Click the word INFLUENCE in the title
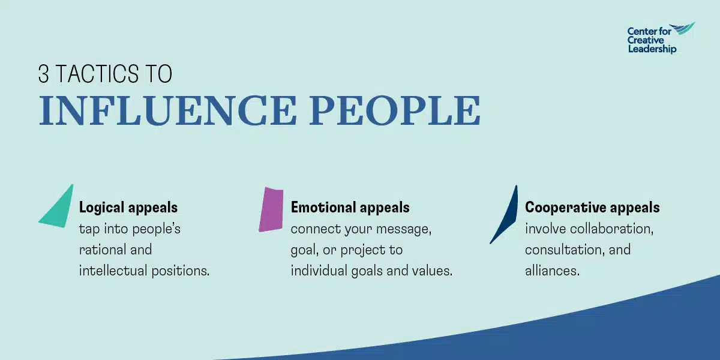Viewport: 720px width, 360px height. point(167,110)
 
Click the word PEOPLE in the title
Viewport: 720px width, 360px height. point(395,110)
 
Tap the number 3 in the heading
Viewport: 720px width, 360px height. point(43,74)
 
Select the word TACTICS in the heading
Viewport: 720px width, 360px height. point(97,74)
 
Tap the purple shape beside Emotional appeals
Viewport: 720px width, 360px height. point(272,209)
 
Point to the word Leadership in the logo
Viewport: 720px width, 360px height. point(652,49)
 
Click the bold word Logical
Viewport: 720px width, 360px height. point(101,208)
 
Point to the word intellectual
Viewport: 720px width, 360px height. point(113,271)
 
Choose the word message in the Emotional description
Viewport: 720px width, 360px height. point(404,229)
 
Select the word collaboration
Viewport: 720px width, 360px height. point(611,229)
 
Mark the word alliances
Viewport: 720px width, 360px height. point(552,271)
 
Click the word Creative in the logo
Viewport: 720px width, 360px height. point(646,40)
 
